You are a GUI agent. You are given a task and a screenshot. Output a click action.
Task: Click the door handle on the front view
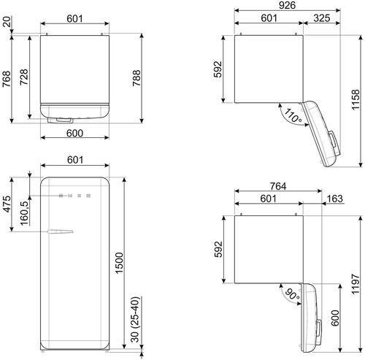click(x=60, y=233)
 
